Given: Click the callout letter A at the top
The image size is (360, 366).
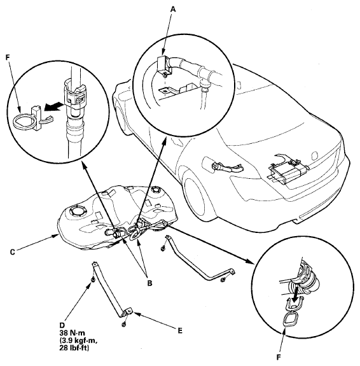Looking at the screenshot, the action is click(x=173, y=9).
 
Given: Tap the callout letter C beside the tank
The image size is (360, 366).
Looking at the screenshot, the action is click(x=13, y=252).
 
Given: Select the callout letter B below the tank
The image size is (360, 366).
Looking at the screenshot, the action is click(x=149, y=283).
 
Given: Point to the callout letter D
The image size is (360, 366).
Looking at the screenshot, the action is click(x=62, y=325).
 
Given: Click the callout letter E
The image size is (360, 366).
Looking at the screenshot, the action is click(x=180, y=330).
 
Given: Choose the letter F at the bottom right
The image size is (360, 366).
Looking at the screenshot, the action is click(x=278, y=357).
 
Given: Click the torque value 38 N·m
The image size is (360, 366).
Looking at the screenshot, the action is click(x=72, y=333).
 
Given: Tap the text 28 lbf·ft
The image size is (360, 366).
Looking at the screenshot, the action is click(x=74, y=348).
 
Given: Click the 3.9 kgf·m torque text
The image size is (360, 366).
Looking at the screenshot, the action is click(x=78, y=341).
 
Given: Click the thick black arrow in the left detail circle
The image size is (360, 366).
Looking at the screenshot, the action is click(x=53, y=108).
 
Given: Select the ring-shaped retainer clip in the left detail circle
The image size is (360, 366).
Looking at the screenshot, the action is click(x=24, y=120).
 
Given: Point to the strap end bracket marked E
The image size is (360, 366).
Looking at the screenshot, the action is click(x=129, y=312).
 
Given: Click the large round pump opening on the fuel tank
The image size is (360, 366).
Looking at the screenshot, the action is click(x=78, y=211).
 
